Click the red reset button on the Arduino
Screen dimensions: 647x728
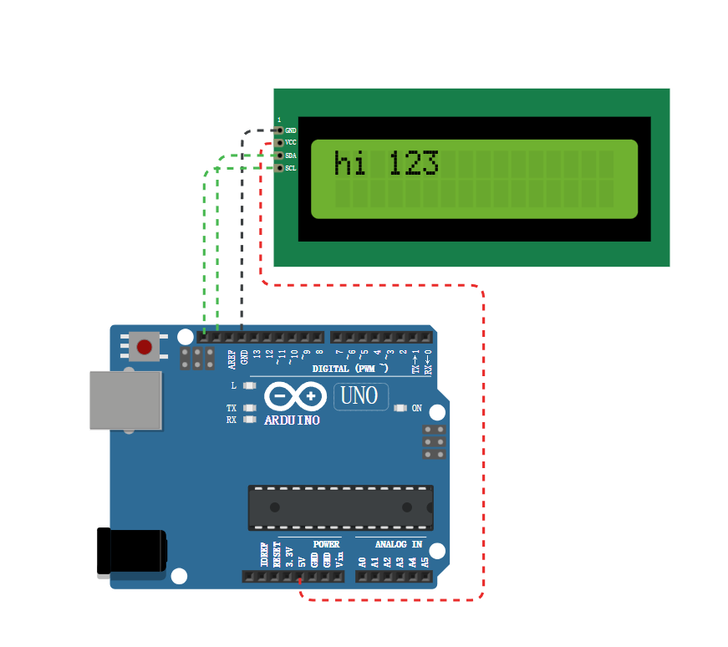(x=145, y=346)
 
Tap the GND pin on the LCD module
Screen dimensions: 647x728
(x=279, y=130)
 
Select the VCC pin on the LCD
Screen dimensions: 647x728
(x=279, y=143)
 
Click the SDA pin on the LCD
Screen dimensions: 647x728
(x=279, y=155)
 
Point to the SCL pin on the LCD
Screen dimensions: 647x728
(x=279, y=168)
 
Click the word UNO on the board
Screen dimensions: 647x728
(x=360, y=396)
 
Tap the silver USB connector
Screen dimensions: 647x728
(x=125, y=400)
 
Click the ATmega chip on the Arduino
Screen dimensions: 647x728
(x=340, y=507)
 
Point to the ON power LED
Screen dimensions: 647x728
(x=400, y=409)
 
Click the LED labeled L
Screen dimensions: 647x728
(x=249, y=386)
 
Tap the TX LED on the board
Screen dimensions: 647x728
(x=249, y=408)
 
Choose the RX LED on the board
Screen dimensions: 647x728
(x=249, y=420)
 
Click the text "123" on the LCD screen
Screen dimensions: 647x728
(x=413, y=163)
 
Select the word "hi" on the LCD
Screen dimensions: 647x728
(x=350, y=163)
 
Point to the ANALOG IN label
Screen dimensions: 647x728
(x=393, y=544)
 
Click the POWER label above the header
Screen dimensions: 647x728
(x=326, y=544)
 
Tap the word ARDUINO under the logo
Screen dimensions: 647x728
(x=292, y=420)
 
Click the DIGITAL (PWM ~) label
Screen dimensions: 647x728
(x=350, y=369)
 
